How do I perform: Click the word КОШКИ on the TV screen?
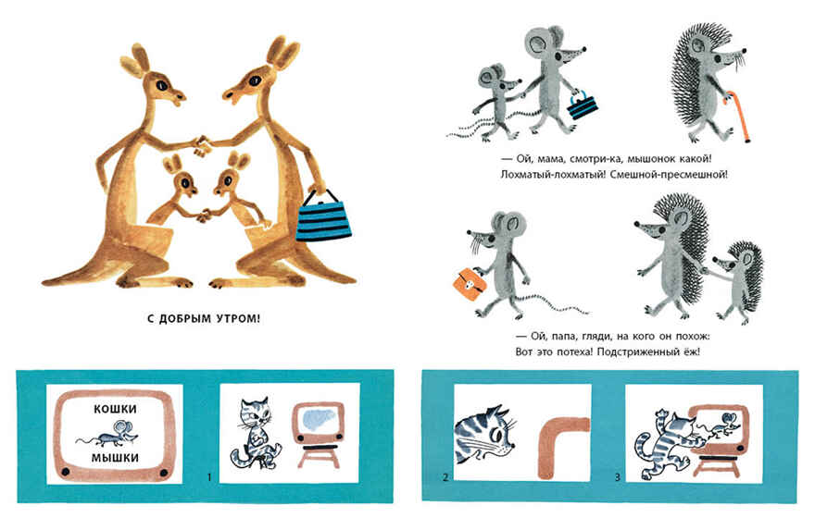116,409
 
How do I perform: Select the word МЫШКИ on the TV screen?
116,458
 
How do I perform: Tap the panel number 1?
209,477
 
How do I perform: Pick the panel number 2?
445,477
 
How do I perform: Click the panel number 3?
618,477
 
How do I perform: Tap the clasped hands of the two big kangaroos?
202,145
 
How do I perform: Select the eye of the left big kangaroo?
163,84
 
